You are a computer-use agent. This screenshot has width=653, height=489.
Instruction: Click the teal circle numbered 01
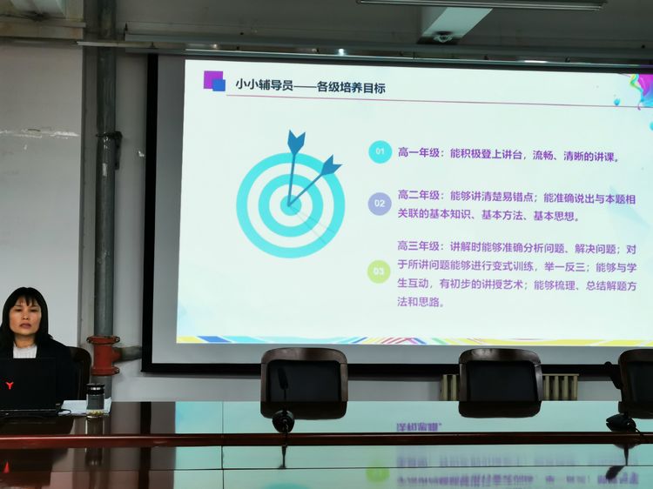(x=380, y=151)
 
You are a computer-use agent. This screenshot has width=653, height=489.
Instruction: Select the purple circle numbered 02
(x=380, y=204)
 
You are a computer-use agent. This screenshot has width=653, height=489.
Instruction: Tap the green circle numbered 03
(x=379, y=271)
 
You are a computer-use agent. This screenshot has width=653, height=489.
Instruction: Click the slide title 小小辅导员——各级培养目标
(x=310, y=86)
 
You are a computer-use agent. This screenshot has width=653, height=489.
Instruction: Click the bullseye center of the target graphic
(x=288, y=205)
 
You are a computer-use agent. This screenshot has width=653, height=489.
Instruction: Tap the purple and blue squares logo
(x=214, y=81)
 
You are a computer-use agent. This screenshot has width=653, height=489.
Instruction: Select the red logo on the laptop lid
(x=10, y=385)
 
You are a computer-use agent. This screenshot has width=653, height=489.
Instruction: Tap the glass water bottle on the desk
(x=96, y=400)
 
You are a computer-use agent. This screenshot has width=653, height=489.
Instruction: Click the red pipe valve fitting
(x=104, y=355)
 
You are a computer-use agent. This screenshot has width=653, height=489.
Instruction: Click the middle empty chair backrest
(x=500, y=382)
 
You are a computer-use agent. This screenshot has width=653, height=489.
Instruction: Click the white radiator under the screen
(x=509, y=386)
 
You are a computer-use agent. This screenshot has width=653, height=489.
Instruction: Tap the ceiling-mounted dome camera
(x=442, y=37)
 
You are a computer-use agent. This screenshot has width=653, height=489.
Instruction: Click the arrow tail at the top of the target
(x=296, y=142)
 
